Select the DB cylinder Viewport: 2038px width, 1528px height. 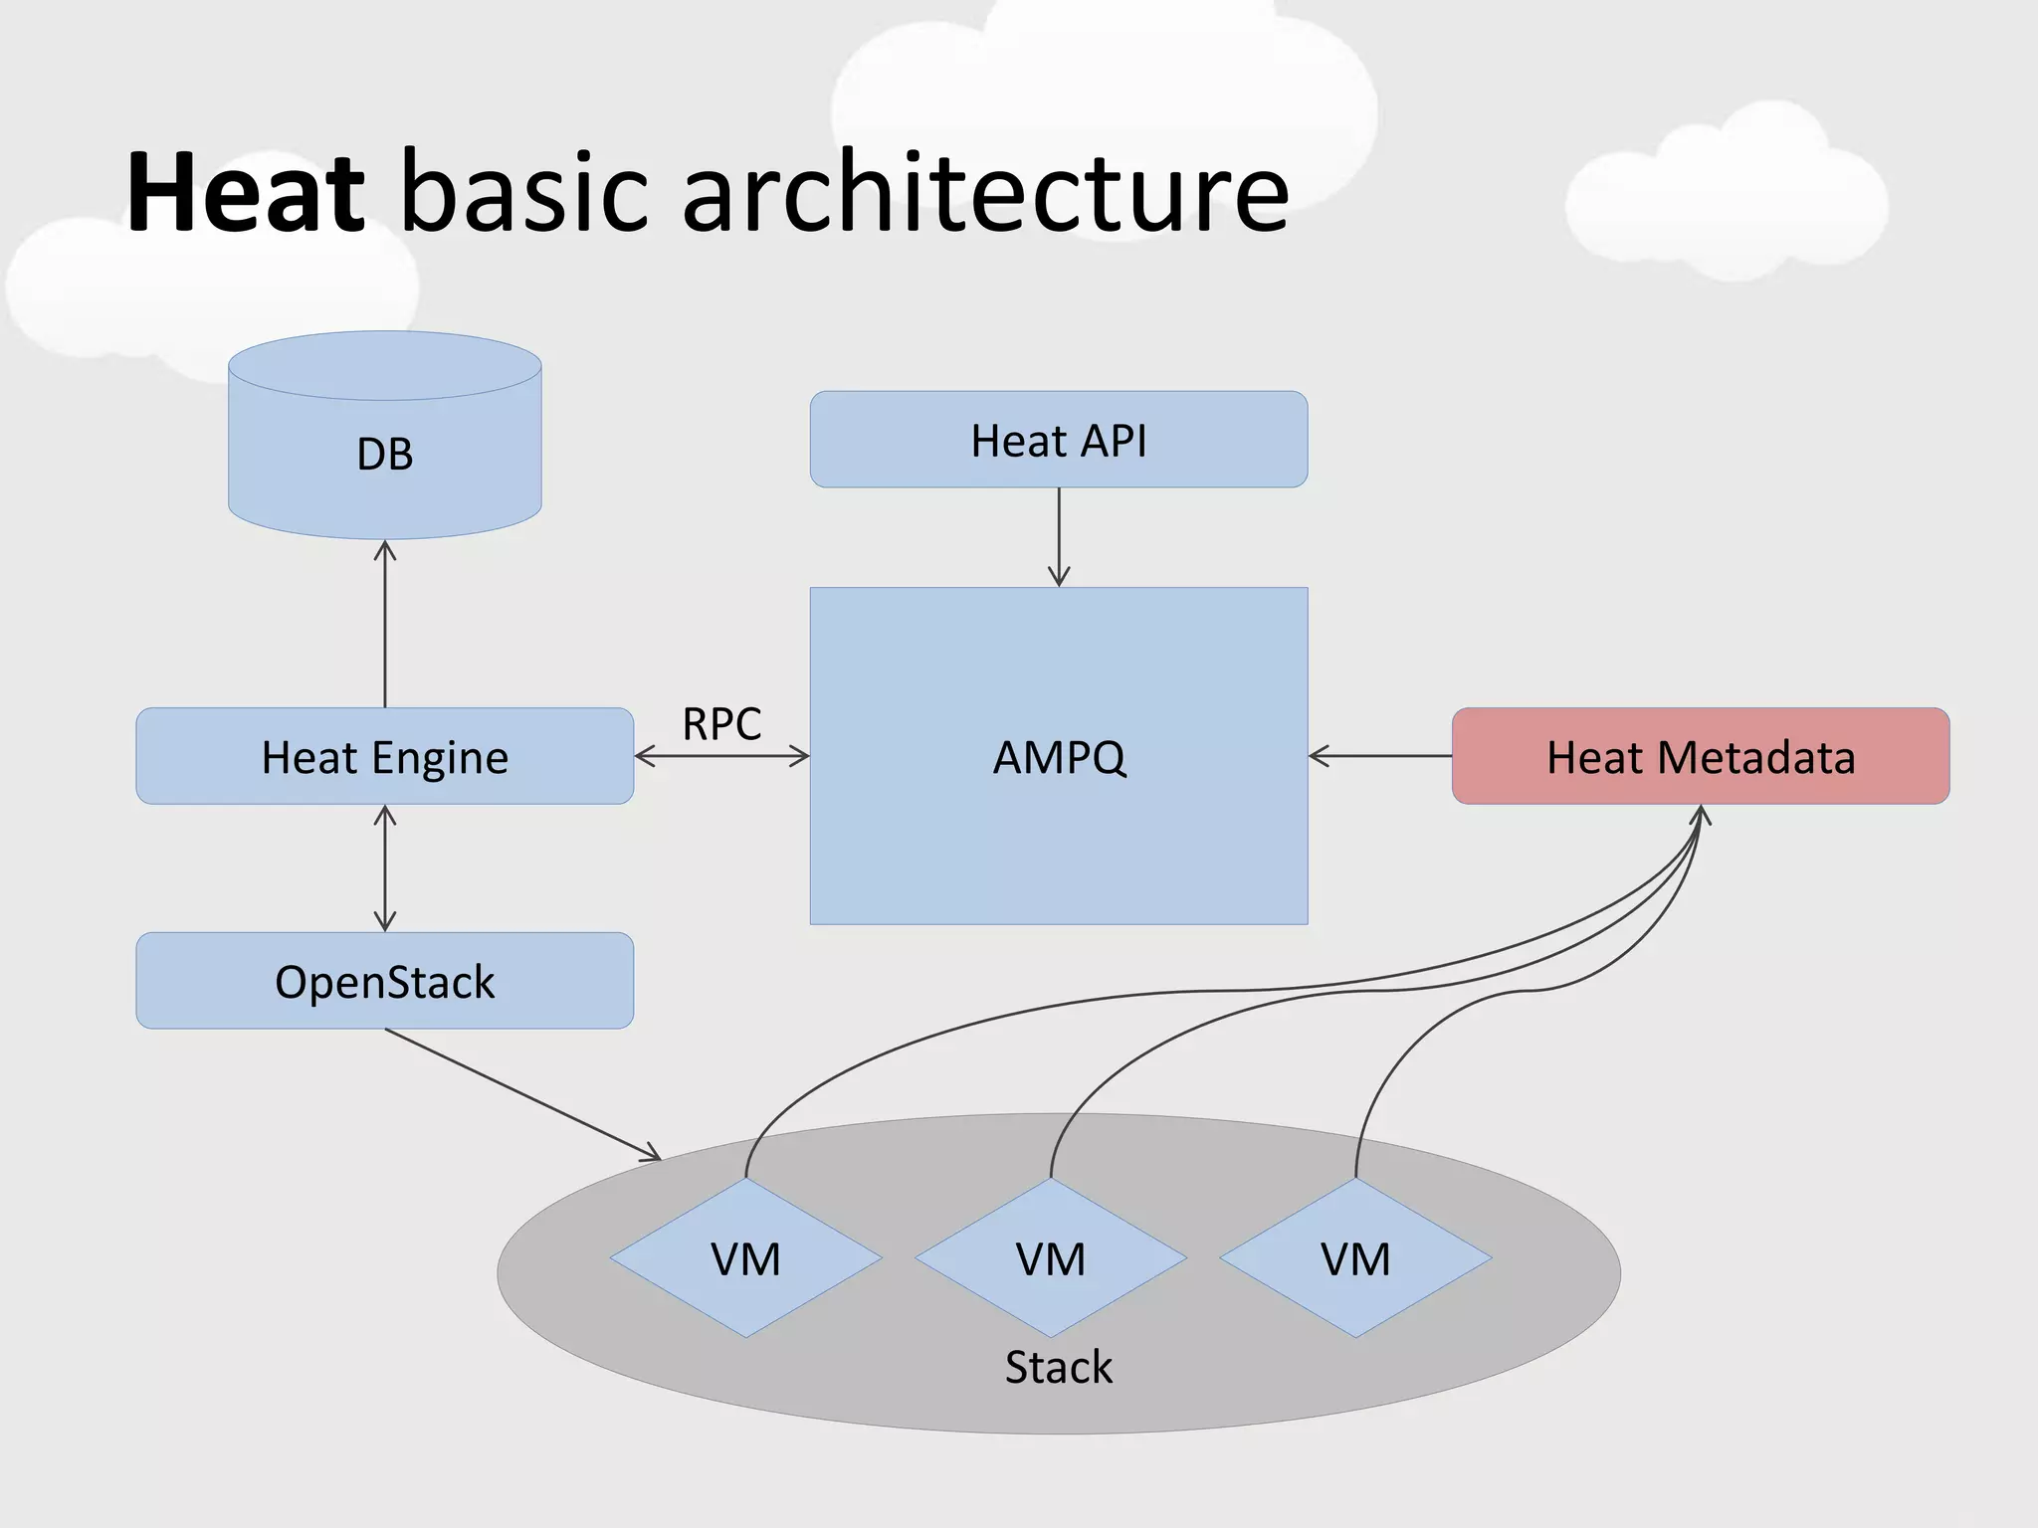[385, 453]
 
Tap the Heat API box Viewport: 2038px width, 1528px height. [1059, 440]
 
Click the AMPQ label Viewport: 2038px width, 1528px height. [1059, 757]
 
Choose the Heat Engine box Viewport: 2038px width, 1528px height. [385, 757]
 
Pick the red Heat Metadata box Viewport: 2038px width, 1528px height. [1700, 757]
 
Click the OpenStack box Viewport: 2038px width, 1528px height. [385, 981]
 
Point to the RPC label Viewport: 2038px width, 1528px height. [721, 723]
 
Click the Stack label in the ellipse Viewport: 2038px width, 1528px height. [1058, 1367]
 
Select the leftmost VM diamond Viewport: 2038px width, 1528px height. [745, 1258]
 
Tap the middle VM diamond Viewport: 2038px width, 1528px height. [1051, 1258]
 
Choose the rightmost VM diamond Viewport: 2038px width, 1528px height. [1355, 1258]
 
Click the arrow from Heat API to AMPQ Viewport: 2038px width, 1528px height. [1059, 537]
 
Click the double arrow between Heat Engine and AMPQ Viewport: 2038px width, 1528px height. [721, 757]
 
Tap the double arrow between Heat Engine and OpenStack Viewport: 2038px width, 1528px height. [385, 868]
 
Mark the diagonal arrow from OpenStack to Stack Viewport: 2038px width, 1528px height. [522, 1094]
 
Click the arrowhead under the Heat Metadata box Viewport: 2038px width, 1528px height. [1700, 818]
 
